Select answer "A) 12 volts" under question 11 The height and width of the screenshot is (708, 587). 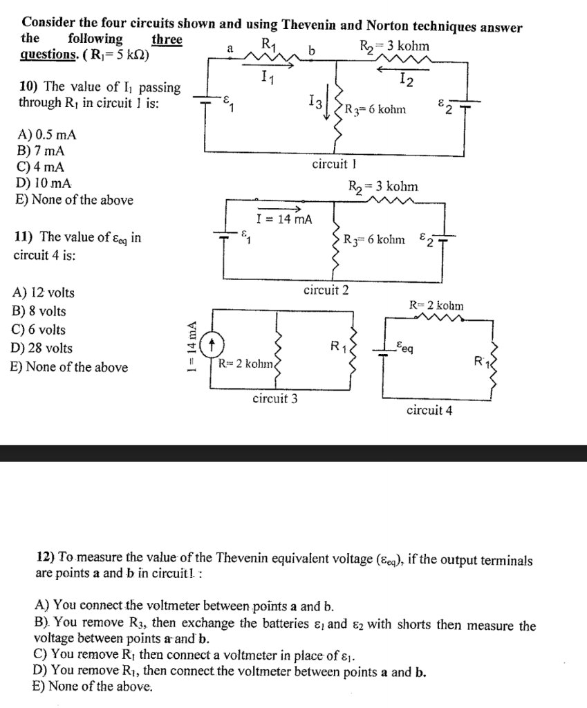coord(43,293)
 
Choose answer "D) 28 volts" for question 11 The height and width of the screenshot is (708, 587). coord(42,348)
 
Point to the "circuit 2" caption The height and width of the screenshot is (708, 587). coord(326,290)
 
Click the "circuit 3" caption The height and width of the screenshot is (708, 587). coord(275,399)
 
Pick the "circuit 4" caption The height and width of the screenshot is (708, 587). coord(429,410)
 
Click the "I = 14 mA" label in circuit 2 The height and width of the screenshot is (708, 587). coord(283,220)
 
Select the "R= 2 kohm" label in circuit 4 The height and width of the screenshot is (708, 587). coord(437,305)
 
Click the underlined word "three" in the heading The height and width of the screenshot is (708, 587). coord(167,39)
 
